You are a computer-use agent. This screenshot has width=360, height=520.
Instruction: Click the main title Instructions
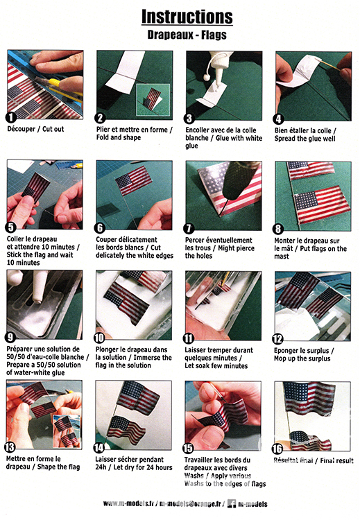(187, 17)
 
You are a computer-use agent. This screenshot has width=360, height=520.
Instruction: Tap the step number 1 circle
(11, 117)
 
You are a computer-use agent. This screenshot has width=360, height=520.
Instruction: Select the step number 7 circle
(189, 228)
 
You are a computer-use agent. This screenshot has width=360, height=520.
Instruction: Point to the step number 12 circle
(277, 338)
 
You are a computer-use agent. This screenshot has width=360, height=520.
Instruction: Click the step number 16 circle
(277, 449)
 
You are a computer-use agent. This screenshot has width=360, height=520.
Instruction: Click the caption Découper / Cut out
(35, 129)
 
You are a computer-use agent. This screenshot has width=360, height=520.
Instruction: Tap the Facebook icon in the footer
(232, 504)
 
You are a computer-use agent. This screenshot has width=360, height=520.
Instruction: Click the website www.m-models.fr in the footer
(128, 503)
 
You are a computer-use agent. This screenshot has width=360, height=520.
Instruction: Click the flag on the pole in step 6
(134, 181)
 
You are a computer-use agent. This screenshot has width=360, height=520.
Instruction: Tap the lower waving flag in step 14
(127, 429)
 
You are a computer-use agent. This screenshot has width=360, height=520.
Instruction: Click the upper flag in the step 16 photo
(309, 398)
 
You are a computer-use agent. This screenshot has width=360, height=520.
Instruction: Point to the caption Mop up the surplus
(302, 358)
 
